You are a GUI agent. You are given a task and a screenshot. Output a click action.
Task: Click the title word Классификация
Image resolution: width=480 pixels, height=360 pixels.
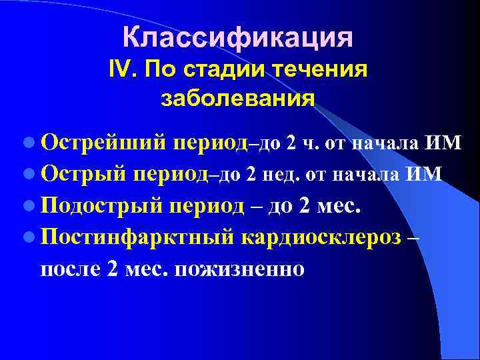[237, 37]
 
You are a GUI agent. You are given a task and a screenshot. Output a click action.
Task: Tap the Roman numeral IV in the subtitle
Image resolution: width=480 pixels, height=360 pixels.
[120, 69]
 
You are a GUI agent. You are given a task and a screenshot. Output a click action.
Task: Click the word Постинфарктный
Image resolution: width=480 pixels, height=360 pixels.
[135, 237]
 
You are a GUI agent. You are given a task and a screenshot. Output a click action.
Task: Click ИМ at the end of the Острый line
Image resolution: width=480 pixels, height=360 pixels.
[426, 175]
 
